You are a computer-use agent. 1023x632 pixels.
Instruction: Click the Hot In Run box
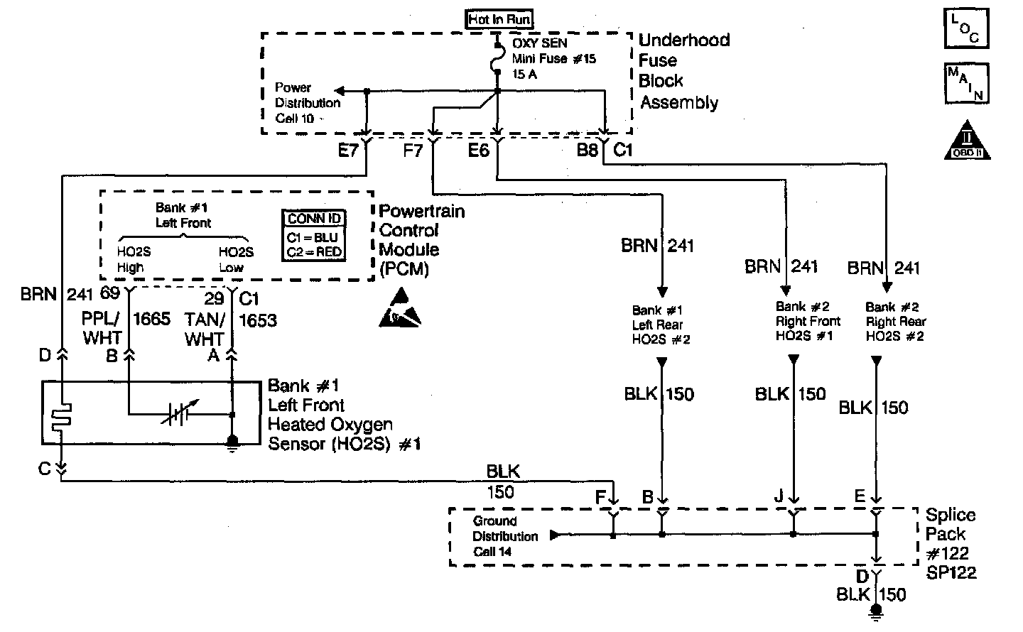tap(499, 19)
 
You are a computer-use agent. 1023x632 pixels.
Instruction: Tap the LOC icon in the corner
tap(967, 29)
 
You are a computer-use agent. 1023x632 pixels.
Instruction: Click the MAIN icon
tap(967, 82)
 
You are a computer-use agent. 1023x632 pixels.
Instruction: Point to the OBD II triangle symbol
tap(967, 141)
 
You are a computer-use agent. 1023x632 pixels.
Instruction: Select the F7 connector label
tap(413, 151)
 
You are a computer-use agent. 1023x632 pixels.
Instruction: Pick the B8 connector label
tap(587, 151)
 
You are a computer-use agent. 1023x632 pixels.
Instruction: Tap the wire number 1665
tap(151, 319)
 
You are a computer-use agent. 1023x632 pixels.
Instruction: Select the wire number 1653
tap(258, 321)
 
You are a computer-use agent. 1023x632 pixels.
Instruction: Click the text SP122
tap(951, 572)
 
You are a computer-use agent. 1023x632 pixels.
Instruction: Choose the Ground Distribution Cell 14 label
tap(505, 536)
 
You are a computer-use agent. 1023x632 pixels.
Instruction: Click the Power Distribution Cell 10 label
tap(307, 103)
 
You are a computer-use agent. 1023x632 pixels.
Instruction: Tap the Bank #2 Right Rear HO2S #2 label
tap(895, 322)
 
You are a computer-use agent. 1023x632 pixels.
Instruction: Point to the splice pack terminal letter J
tap(779, 496)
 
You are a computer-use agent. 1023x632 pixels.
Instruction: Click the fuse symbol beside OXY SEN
tap(498, 62)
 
